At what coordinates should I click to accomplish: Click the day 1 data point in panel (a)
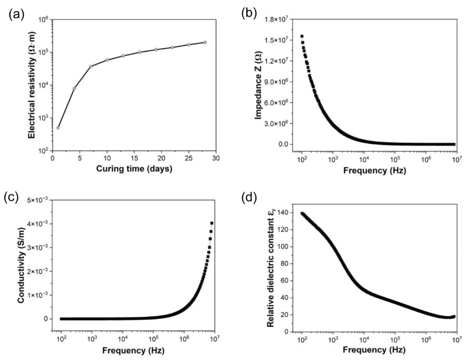point(58,128)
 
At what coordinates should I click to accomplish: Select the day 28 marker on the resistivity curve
point(205,42)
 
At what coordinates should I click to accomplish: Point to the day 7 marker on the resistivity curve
point(91,66)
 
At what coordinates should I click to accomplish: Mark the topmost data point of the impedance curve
point(302,36)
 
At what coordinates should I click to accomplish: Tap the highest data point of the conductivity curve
point(212,223)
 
